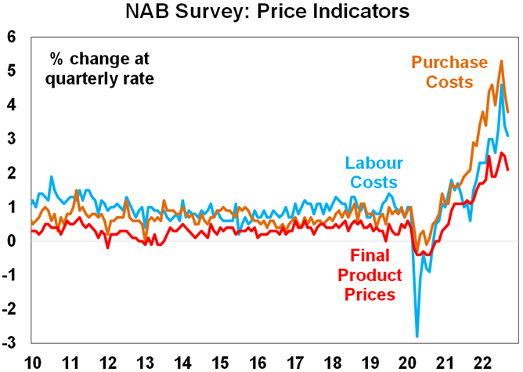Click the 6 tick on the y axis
point(11,37)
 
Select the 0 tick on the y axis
point(11,241)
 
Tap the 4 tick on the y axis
point(11,105)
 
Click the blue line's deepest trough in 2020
point(417,336)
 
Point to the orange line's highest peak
point(501,61)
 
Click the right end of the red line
point(507,169)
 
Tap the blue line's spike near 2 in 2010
point(52,177)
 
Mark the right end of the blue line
point(507,135)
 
